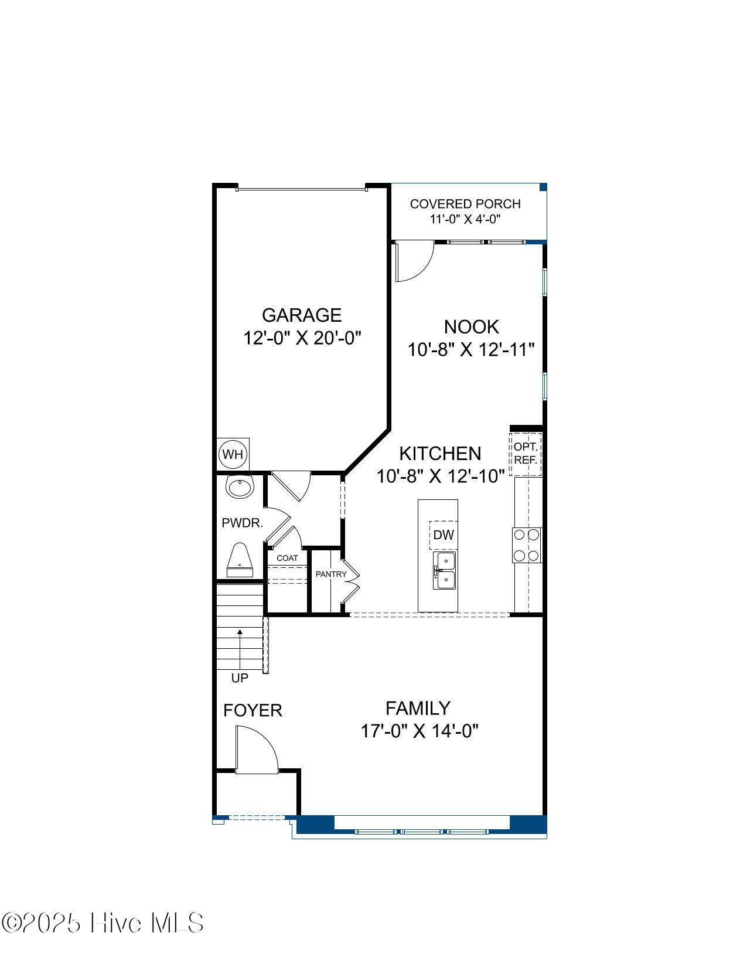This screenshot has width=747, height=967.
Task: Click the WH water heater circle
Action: pyautogui.click(x=233, y=454)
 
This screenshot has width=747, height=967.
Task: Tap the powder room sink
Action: pyautogui.click(x=240, y=486)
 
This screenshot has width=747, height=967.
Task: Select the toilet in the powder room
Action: pyautogui.click(x=240, y=560)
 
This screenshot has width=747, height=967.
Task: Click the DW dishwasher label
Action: pyautogui.click(x=444, y=535)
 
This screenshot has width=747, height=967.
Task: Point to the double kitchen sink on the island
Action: pyautogui.click(x=445, y=571)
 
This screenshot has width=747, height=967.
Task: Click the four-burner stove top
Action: pyautogui.click(x=527, y=545)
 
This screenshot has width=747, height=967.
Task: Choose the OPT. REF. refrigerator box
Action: pyautogui.click(x=526, y=454)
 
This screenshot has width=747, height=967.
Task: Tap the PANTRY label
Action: pyautogui.click(x=331, y=574)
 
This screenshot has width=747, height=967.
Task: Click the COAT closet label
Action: pyautogui.click(x=288, y=558)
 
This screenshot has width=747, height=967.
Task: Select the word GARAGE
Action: pyautogui.click(x=302, y=315)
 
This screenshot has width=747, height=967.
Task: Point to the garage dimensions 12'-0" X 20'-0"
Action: pyautogui.click(x=302, y=338)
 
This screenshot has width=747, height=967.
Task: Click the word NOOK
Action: pyautogui.click(x=472, y=327)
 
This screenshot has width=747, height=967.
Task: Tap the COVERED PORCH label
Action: pyautogui.click(x=465, y=204)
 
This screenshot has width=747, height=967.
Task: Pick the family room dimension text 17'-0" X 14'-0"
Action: pyautogui.click(x=419, y=731)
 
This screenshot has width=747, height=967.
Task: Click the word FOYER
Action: pyautogui.click(x=253, y=711)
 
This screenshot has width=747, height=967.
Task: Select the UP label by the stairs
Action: pyautogui.click(x=240, y=678)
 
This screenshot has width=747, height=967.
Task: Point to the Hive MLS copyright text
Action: pyautogui.click(x=103, y=923)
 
